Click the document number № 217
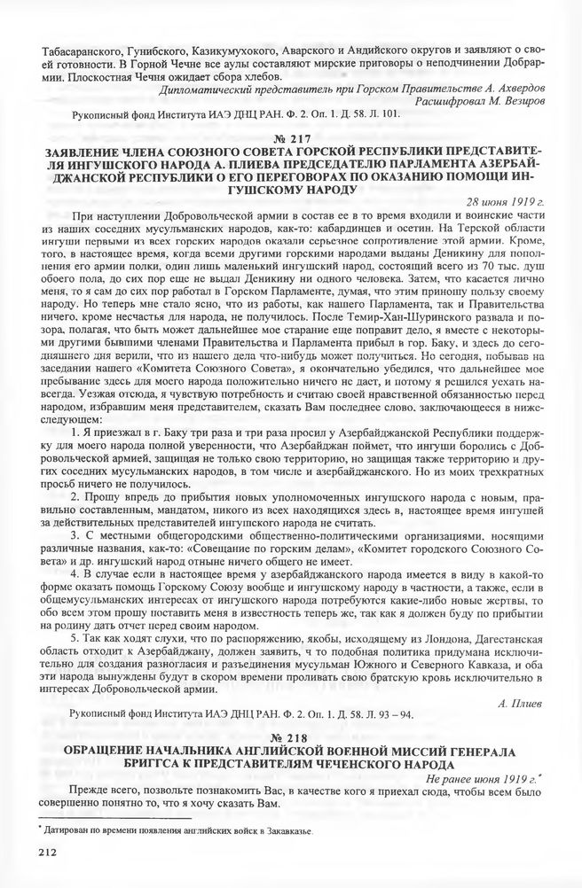coord(290,139)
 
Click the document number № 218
coord(290,738)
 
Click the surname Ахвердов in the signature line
coord(514,86)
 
